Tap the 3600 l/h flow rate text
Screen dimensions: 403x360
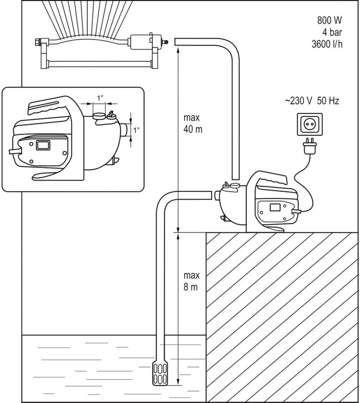327,44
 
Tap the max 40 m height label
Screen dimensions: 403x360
192,124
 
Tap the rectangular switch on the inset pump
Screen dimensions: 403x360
42,145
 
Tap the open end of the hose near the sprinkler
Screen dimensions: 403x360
177,42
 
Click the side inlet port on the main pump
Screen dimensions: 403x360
216,195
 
